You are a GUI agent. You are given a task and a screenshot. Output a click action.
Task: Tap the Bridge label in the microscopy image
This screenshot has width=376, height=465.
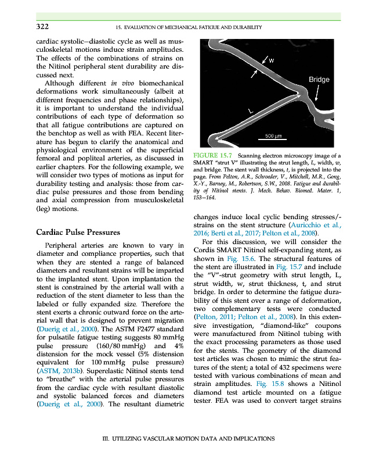pos(319,80)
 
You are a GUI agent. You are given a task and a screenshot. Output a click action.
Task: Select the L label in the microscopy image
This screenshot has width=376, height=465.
pos(250,110)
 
